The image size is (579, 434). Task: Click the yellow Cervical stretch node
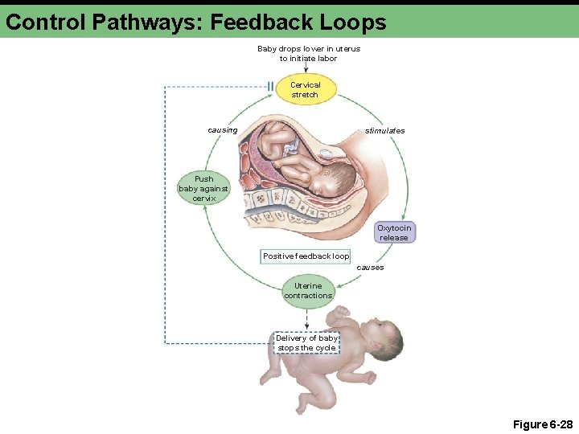point(305,89)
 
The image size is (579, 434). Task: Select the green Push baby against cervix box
point(203,188)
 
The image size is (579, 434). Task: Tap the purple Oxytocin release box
point(394,232)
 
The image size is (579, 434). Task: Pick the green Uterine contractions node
point(307,290)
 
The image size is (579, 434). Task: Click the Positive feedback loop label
point(306,256)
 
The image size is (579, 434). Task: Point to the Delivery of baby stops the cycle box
point(306,343)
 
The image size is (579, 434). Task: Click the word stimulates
point(385,130)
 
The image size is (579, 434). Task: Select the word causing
point(222,130)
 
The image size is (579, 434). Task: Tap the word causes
point(370,267)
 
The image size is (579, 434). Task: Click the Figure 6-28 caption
point(542,424)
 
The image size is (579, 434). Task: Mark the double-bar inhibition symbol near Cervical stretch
point(270,86)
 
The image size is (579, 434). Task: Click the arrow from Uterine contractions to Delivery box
point(306,319)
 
